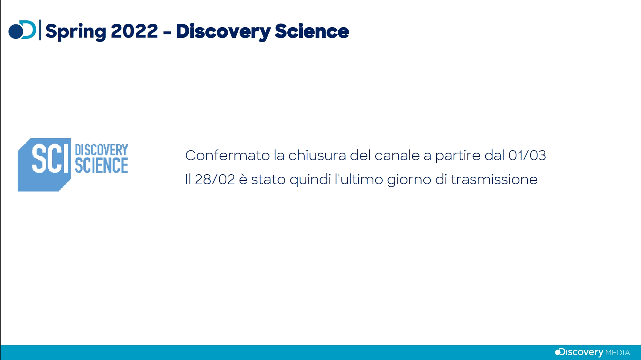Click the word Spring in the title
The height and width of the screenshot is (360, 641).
76,32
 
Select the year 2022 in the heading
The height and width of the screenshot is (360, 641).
134,31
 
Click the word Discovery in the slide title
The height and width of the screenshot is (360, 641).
223,32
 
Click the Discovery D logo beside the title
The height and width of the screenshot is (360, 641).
22,30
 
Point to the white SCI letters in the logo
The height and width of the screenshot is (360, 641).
50,158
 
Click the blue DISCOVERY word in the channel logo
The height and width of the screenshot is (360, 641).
101,150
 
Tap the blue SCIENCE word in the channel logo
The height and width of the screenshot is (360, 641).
101,165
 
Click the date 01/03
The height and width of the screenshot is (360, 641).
527,155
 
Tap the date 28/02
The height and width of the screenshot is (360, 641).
215,180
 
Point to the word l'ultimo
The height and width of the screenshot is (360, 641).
359,180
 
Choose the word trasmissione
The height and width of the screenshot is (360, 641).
494,180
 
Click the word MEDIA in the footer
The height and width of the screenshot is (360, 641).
618,353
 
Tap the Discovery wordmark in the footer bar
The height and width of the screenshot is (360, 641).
579,352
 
